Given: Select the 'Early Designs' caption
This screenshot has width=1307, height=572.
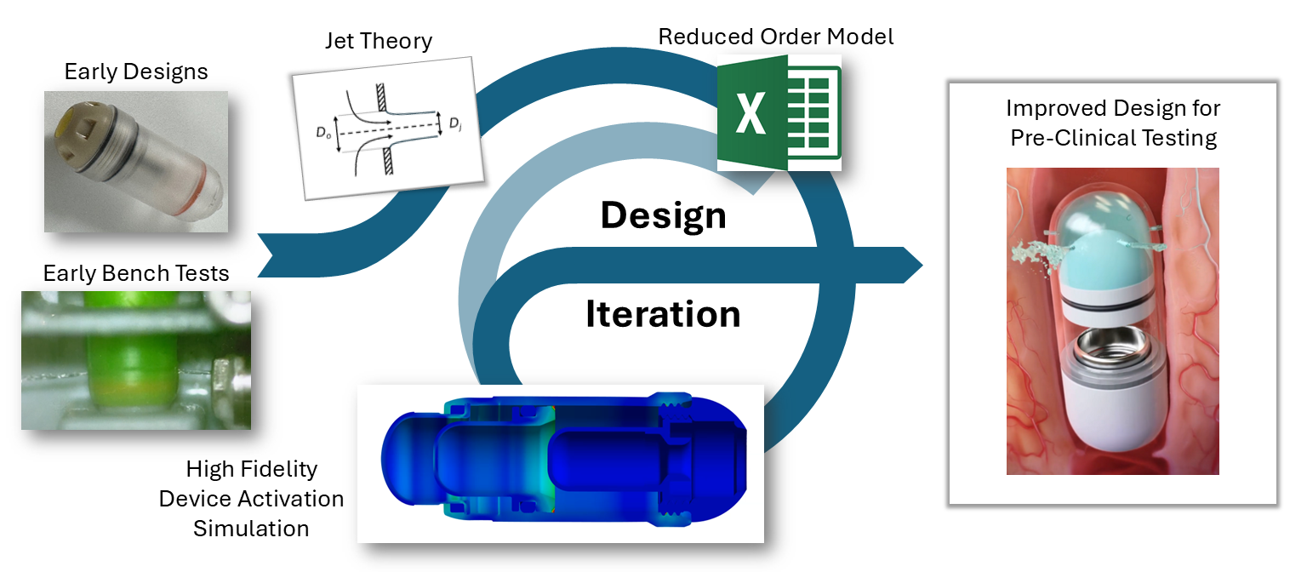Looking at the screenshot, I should pyautogui.click(x=136, y=71).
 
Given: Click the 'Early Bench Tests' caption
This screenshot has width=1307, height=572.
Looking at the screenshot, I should pyautogui.click(x=136, y=273).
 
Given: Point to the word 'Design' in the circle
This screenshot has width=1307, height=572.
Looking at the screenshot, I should pyautogui.click(x=663, y=216).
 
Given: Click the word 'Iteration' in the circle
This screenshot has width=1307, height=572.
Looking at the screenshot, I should pyautogui.click(x=663, y=314).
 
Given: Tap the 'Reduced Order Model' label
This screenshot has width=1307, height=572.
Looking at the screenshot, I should pyautogui.click(x=776, y=37).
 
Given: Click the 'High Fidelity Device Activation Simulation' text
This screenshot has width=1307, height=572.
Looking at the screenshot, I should pyautogui.click(x=252, y=498).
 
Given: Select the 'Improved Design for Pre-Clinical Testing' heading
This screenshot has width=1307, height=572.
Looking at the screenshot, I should pyautogui.click(x=1113, y=123).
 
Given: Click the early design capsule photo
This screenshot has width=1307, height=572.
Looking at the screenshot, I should pyautogui.click(x=136, y=162).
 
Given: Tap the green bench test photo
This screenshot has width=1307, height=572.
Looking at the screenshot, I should pyautogui.click(x=136, y=359).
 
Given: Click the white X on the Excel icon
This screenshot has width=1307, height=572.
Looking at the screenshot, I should pyautogui.click(x=750, y=114).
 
